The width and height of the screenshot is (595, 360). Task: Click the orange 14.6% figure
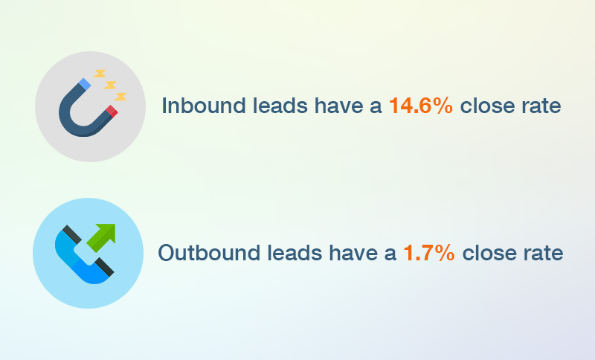420,106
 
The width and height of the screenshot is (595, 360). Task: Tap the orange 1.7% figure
428,253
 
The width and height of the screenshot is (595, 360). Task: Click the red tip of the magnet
112,112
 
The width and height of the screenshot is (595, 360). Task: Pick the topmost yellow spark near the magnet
100,74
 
